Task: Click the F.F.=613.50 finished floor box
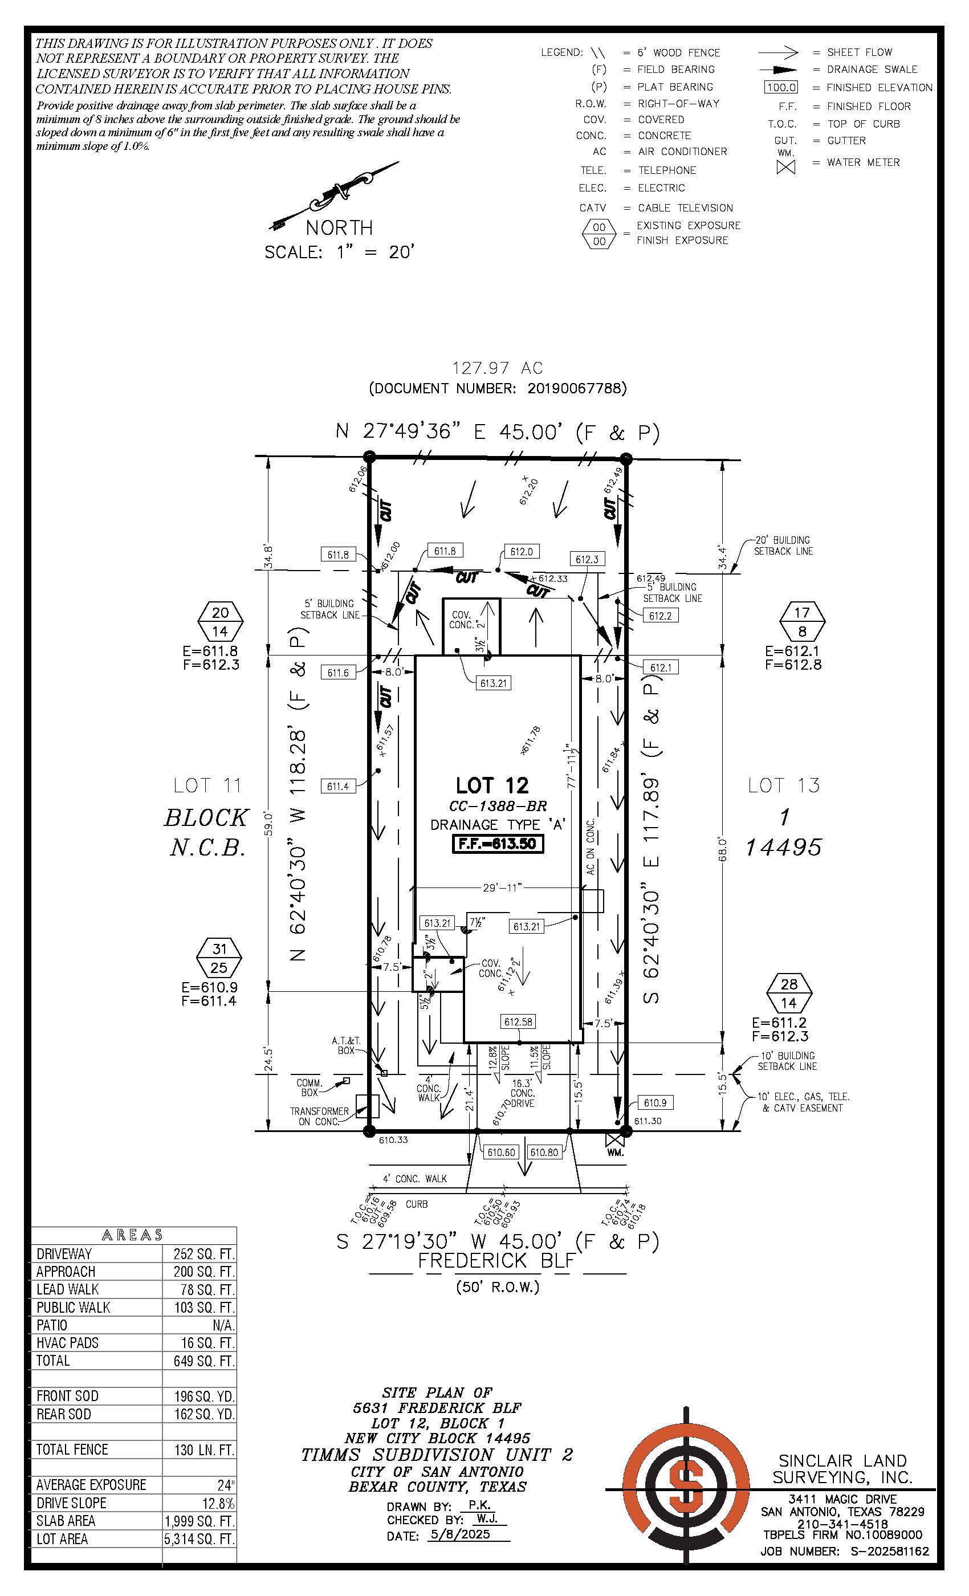[497, 844]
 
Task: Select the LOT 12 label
[492, 785]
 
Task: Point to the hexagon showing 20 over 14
[220, 621]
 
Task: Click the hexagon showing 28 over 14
[789, 993]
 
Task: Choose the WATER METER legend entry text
[863, 162]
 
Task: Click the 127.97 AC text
[498, 368]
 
